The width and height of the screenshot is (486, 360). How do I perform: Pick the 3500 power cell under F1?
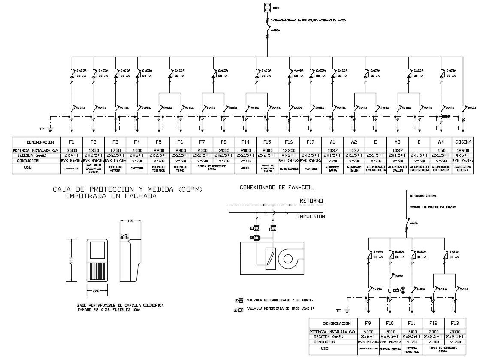pos(72,150)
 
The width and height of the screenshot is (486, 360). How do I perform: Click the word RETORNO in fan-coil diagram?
pos(311,200)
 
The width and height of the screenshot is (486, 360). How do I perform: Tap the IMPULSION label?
pos(311,216)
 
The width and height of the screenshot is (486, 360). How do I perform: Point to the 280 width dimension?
pos(96,291)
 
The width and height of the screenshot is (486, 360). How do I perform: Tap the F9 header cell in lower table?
pos(368,324)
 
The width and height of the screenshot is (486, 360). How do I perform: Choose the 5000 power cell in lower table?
pos(368,332)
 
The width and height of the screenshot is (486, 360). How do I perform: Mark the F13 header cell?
pos(455,324)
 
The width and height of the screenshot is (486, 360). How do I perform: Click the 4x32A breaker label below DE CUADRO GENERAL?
pos(414,223)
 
